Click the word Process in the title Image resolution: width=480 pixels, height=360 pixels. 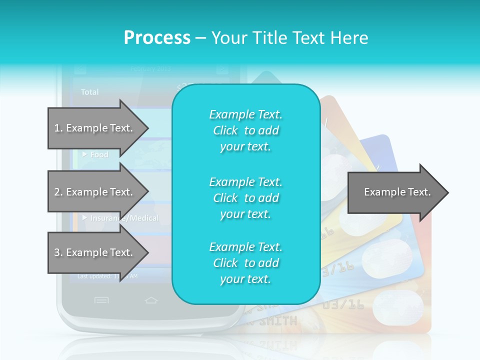pyautogui.click(x=157, y=37)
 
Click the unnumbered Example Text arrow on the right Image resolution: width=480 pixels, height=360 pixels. pyautogui.click(x=397, y=192)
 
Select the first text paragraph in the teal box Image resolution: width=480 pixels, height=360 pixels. pyautogui.click(x=245, y=130)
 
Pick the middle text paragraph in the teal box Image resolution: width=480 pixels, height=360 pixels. pyautogui.click(x=245, y=198)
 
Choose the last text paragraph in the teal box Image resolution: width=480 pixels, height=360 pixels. pyautogui.click(x=245, y=263)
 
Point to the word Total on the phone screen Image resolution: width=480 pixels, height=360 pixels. pyautogui.click(x=90, y=92)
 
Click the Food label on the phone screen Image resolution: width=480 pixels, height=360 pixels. pyautogui.click(x=99, y=155)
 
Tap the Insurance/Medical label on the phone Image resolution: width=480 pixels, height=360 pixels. pyautogui.click(x=124, y=218)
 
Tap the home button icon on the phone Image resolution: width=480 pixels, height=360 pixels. pyautogui.click(x=151, y=300)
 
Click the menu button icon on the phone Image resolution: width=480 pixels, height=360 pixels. pyautogui.click(x=101, y=300)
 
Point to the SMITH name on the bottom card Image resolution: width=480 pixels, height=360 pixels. pyautogui.click(x=277, y=320)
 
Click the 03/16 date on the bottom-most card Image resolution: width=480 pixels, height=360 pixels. pyautogui.click(x=342, y=304)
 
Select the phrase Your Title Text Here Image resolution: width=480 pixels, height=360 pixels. pyautogui.click(x=289, y=37)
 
